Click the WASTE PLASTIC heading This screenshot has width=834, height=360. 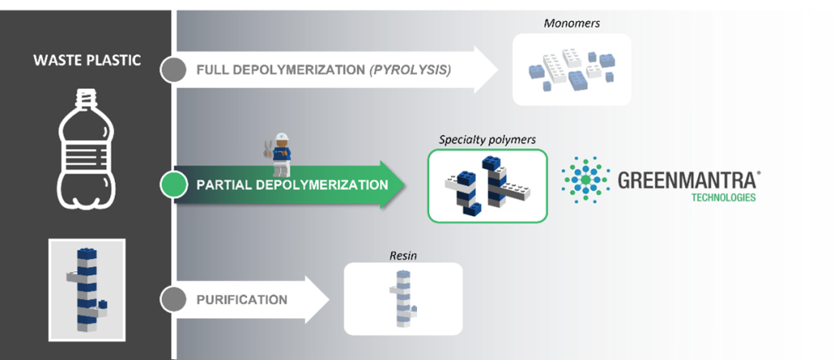click(87, 60)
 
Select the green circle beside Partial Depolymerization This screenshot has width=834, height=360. click(174, 185)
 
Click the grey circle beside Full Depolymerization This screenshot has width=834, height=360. click(173, 70)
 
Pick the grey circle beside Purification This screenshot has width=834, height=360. click(173, 300)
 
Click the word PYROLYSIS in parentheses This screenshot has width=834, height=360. click(410, 70)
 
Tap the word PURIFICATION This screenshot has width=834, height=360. click(242, 300)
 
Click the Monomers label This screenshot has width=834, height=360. click(564, 24)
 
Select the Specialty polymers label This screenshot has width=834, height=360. click(487, 140)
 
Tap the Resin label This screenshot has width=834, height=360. click(403, 256)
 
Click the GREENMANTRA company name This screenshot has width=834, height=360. click(687, 180)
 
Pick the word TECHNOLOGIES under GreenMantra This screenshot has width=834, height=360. click(723, 198)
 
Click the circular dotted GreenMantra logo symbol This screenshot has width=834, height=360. click(586, 180)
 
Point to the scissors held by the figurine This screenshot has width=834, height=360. click(267, 149)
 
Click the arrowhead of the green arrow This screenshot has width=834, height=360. click(393, 185)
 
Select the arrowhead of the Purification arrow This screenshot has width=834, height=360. click(318, 299)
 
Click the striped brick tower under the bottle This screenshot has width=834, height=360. click(87, 289)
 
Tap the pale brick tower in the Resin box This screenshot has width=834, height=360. click(403, 298)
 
